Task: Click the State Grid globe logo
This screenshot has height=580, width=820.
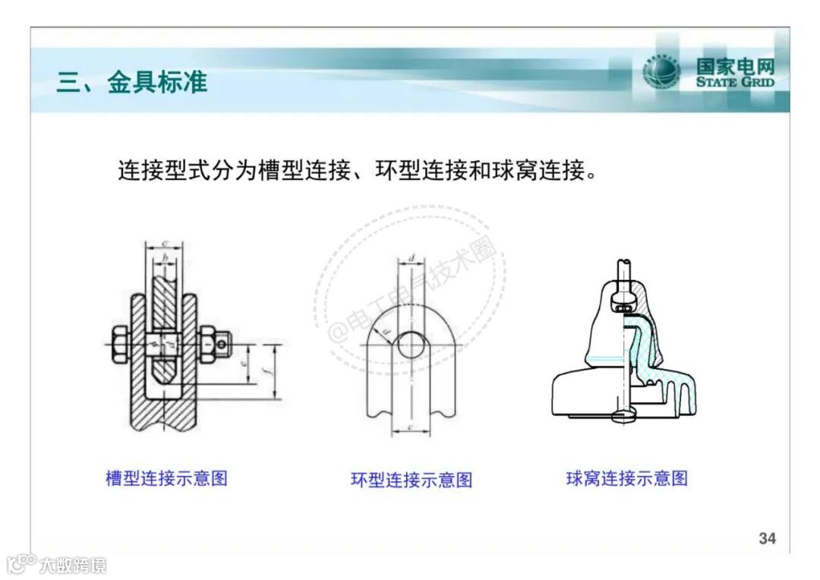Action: click(x=661, y=73)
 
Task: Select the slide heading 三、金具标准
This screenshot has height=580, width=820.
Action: click(x=131, y=82)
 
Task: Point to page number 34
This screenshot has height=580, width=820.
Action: click(x=767, y=538)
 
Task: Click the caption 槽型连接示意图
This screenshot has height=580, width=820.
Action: click(x=166, y=478)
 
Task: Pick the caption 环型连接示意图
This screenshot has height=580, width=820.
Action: click(x=411, y=480)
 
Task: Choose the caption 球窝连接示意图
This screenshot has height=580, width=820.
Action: click(x=626, y=478)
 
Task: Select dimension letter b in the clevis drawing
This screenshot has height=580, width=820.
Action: click(x=166, y=258)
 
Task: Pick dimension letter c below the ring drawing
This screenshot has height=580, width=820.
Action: click(x=410, y=427)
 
